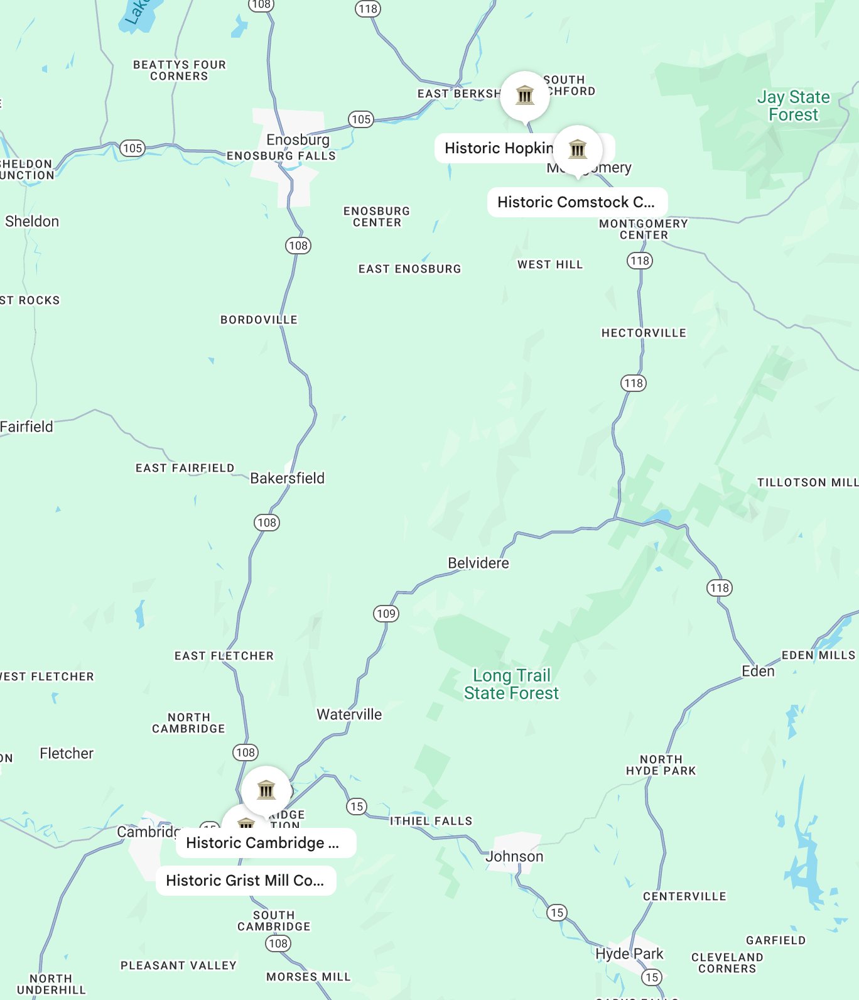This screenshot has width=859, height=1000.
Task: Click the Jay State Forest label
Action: click(793, 106)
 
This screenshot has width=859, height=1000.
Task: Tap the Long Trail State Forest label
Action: click(511, 684)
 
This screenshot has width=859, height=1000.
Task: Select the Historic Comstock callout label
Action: click(576, 202)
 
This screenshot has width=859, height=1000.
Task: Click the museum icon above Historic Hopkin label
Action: click(525, 95)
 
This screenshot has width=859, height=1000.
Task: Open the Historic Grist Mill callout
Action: click(246, 881)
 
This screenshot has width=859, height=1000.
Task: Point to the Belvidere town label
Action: click(478, 563)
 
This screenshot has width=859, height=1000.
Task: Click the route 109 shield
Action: click(386, 614)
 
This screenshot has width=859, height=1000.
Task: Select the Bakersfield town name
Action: click(287, 478)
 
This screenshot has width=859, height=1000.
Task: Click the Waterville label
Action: click(349, 714)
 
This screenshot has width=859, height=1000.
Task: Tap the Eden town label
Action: click(758, 671)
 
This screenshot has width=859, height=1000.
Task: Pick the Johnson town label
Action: click(514, 856)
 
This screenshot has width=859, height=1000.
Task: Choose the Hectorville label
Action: click(644, 333)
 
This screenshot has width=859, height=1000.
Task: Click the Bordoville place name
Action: click(259, 320)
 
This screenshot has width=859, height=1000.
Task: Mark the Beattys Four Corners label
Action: click(179, 70)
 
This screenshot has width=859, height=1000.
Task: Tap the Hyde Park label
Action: click(629, 954)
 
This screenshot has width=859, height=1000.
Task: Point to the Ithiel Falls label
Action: click(431, 821)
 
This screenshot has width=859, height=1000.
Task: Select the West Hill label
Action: click(550, 264)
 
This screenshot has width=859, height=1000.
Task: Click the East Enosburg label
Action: click(409, 269)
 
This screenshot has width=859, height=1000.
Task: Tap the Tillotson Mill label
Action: click(807, 482)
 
